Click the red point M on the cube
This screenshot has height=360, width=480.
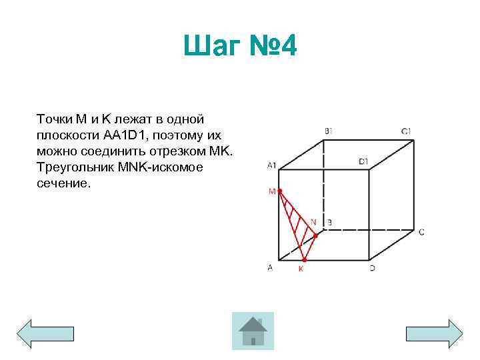click(280, 191)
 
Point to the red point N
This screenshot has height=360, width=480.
click(316, 235)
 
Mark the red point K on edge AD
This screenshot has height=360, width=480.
click(303, 259)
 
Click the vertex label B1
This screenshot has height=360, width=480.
click(329, 131)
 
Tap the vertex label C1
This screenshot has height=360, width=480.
click(406, 131)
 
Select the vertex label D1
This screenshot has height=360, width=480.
click(363, 161)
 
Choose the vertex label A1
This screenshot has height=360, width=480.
click(271, 165)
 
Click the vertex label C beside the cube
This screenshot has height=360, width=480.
click(421, 232)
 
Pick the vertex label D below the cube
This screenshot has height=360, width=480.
click(372, 268)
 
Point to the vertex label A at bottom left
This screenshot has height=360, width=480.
click(270, 268)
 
